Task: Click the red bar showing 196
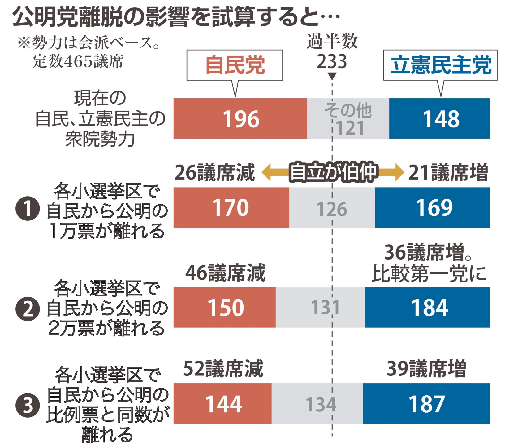click(x=240, y=118)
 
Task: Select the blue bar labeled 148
click(x=439, y=118)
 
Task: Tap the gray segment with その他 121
click(x=348, y=118)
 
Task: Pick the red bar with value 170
click(x=231, y=207)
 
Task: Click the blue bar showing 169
click(x=432, y=207)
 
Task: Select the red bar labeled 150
click(x=224, y=307)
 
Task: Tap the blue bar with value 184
click(x=427, y=307)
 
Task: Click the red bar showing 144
click(x=222, y=403)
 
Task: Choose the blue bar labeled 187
click(x=426, y=403)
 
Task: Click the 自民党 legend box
click(x=235, y=65)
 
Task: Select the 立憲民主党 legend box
click(x=440, y=65)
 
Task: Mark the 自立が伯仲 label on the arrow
click(x=333, y=172)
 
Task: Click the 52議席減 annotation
click(x=223, y=369)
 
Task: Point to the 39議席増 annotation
click(x=426, y=369)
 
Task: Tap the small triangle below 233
click(x=332, y=76)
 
